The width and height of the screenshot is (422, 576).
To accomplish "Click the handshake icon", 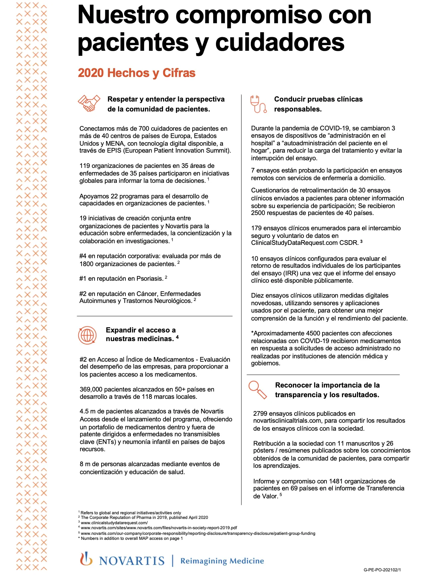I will coord(89,103).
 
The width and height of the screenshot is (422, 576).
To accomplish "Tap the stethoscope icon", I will coord(258,104).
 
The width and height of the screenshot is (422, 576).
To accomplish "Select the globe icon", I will coord(87,335).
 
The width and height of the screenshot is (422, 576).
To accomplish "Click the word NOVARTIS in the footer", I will coord(132,561).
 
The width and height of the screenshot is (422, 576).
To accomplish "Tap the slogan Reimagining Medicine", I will coord(222,561).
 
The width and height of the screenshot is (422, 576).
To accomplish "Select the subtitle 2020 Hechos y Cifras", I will coord(137,73).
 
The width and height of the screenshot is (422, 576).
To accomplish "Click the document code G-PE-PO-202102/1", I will coord(382,570).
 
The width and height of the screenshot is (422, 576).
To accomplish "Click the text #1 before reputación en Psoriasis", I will coord(83,278).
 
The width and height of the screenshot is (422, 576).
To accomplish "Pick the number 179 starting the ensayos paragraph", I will coord(256,228).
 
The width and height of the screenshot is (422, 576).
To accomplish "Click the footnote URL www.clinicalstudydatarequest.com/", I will coord(114,523).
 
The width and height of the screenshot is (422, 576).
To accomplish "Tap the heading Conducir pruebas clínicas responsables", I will coord(318,104).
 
